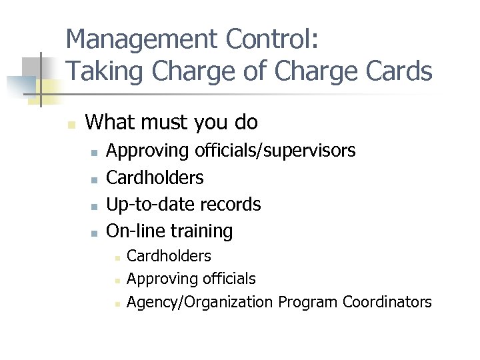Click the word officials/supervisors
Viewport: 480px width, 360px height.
tap(275, 151)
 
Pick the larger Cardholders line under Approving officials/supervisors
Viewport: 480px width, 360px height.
tap(155, 178)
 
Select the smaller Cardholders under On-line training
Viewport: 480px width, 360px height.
tap(169, 256)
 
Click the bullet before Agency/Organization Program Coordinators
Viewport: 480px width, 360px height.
tap(116, 303)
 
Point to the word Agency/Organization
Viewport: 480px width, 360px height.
tap(200, 302)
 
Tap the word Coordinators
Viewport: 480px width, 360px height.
tap(387, 302)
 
